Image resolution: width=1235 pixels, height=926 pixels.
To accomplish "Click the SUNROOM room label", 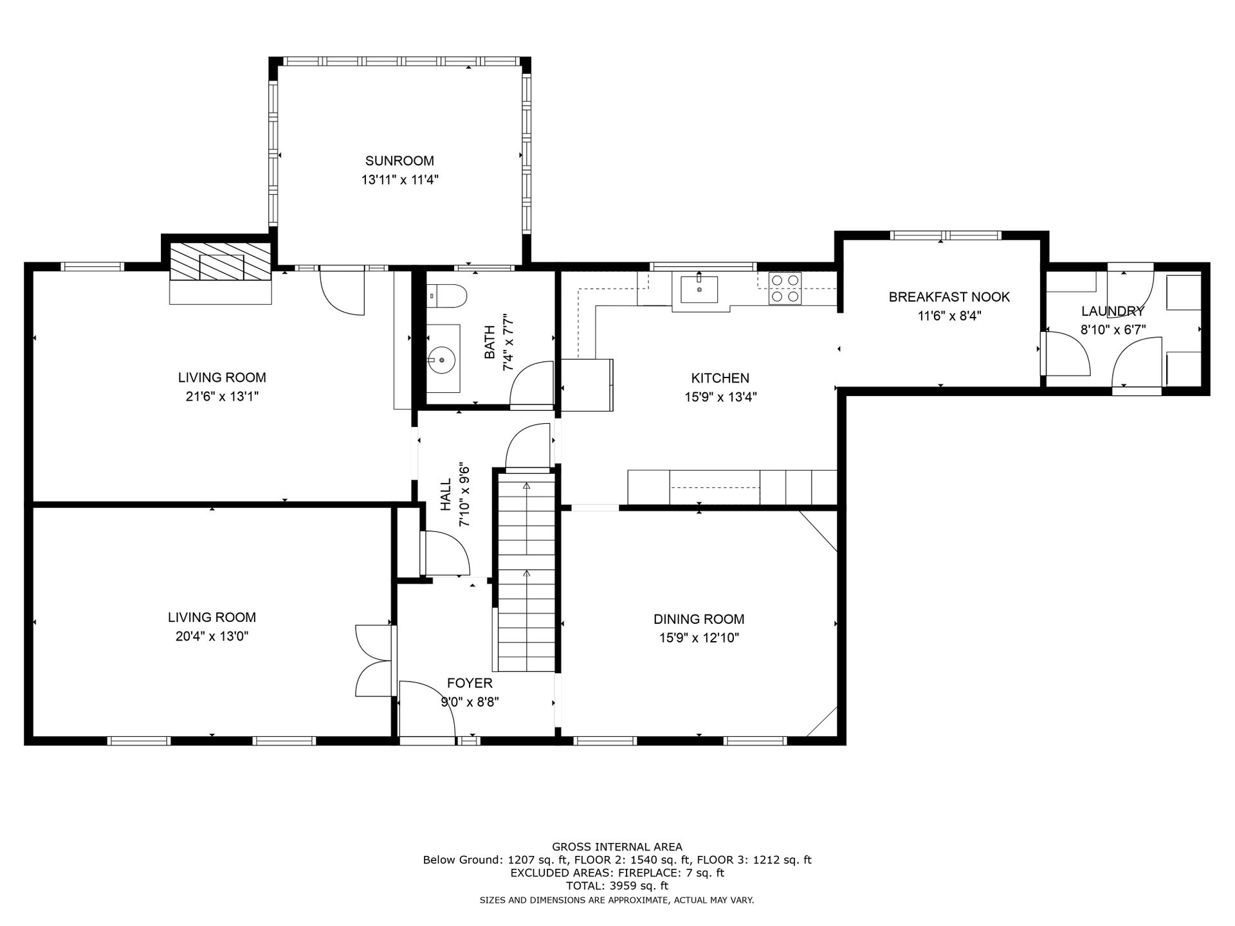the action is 399,161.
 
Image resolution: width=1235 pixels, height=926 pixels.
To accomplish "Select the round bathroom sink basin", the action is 441,359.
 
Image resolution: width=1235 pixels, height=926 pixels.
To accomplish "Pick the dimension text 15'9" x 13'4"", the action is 720,397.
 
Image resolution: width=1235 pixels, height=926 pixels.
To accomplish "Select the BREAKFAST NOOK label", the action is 949,297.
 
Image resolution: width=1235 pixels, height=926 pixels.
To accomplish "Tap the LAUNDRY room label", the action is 1113,311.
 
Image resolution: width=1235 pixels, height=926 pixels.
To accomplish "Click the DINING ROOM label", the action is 699,619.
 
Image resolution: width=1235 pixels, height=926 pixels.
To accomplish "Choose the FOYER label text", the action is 470,683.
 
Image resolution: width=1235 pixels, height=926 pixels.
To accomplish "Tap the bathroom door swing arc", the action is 531,384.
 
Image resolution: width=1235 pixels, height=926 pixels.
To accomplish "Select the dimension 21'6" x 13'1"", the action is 222,397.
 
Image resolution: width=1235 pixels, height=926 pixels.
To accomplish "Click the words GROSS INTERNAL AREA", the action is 617,847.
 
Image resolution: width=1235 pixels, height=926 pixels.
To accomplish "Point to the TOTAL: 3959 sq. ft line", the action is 617,885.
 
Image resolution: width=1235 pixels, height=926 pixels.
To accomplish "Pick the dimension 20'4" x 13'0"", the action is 212,637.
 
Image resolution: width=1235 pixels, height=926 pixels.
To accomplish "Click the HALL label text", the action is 446,495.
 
